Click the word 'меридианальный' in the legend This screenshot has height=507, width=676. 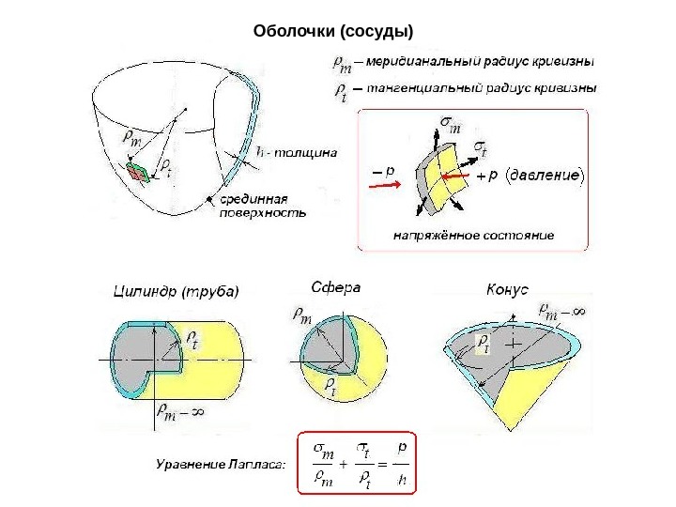pos(418,64)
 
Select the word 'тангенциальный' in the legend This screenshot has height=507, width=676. pos(418,89)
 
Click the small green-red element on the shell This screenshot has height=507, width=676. pos(139,171)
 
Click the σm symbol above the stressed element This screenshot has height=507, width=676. pos(450,122)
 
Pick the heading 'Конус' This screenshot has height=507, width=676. pos(508,290)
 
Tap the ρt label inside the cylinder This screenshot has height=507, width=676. pos(192,338)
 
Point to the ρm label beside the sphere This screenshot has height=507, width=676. pos(303,317)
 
